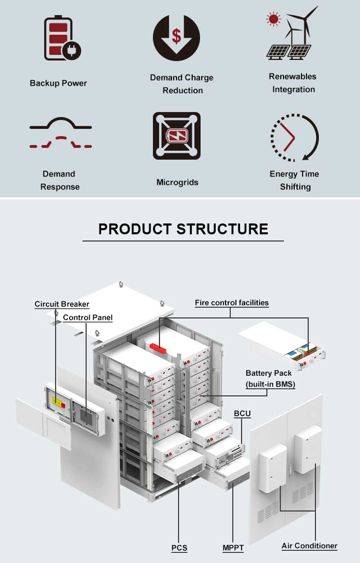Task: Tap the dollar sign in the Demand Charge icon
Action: click(176, 36)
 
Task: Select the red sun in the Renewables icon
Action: click(273, 19)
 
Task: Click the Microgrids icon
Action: click(176, 135)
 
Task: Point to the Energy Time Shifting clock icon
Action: click(294, 137)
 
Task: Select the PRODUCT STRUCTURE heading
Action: click(183, 228)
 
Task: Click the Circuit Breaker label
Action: click(62, 304)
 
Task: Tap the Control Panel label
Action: click(88, 317)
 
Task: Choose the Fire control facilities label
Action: click(232, 303)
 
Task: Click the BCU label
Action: click(242, 413)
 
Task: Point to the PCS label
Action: click(179, 548)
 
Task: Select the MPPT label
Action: click(233, 548)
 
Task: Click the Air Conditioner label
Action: click(309, 546)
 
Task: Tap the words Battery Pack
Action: click(269, 373)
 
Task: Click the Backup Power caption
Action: click(58, 83)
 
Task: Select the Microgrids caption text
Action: click(177, 182)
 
